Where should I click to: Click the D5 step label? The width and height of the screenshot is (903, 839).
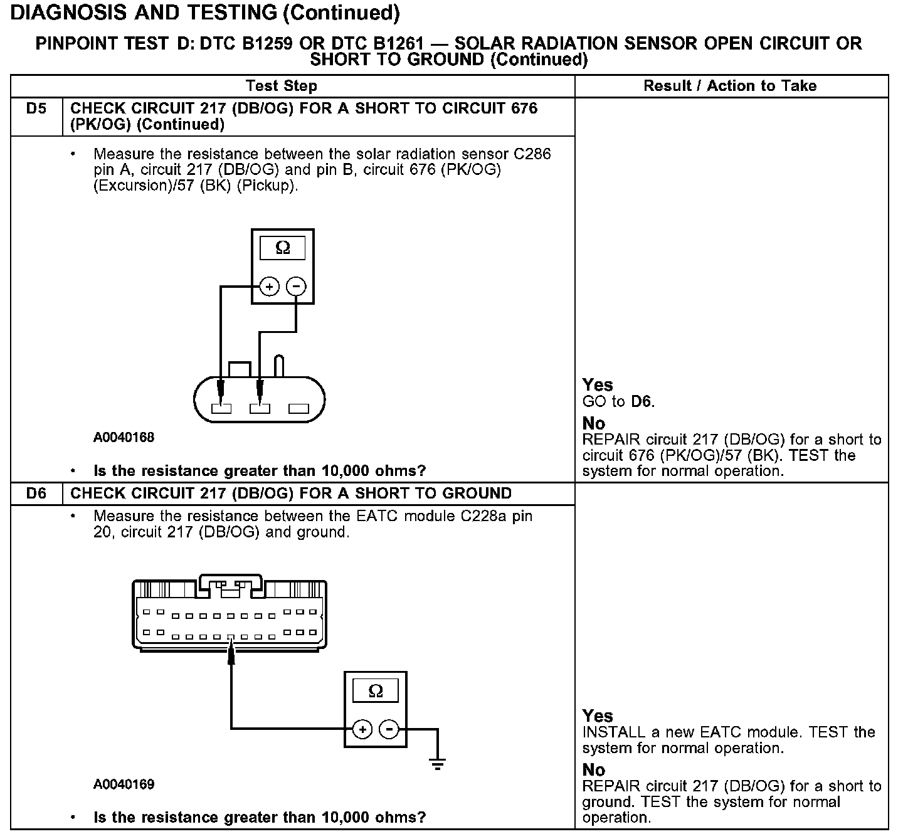(x=36, y=108)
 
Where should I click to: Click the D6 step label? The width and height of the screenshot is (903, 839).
(x=36, y=493)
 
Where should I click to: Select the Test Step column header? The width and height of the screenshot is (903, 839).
(x=282, y=86)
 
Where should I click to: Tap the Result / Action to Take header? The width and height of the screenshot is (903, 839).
(x=730, y=86)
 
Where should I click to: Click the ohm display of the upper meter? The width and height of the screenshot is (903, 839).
(x=283, y=248)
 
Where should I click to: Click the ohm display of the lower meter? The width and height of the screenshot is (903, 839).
(x=376, y=691)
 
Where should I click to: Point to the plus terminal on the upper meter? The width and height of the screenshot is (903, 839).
(x=269, y=287)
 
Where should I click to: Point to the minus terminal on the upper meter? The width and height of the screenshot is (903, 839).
(x=296, y=287)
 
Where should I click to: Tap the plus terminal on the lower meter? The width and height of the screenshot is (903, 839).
(x=362, y=729)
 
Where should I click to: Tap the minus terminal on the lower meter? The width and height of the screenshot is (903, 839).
(x=389, y=729)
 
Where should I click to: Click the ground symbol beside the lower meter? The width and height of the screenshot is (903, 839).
(x=438, y=763)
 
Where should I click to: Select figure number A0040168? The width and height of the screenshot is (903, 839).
(x=124, y=438)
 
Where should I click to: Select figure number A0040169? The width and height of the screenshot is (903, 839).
(x=124, y=784)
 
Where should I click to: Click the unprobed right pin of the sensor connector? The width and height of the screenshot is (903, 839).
(x=298, y=409)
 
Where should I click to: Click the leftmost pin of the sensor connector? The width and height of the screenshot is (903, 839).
(x=221, y=409)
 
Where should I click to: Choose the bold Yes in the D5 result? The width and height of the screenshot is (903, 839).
(x=597, y=384)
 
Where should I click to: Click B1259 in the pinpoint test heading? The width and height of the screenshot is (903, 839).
(x=281, y=43)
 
